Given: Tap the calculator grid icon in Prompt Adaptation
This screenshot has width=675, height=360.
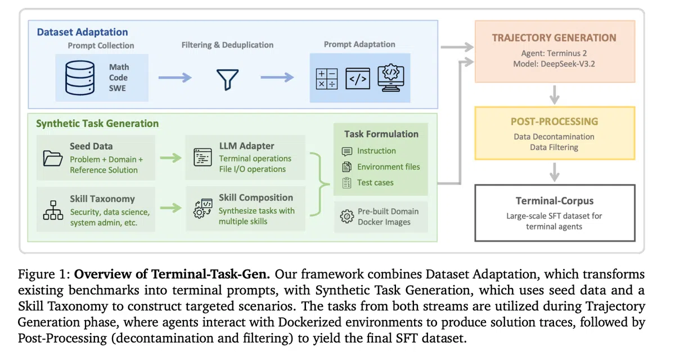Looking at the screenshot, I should [x=326, y=78].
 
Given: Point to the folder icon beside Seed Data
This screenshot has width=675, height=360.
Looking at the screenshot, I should [x=53, y=158].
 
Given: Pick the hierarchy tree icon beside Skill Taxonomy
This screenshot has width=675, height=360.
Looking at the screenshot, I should [x=53, y=210].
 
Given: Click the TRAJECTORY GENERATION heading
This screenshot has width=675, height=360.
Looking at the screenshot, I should [x=554, y=38].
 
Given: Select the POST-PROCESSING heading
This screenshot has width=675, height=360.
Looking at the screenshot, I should [x=554, y=121].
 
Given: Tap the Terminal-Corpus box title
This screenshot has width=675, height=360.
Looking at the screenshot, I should [x=554, y=201].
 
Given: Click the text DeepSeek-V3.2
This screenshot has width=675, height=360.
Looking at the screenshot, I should [x=569, y=64].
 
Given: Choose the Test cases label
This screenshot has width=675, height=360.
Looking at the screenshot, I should [x=375, y=183].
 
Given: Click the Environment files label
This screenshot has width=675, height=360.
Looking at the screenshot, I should [x=388, y=167].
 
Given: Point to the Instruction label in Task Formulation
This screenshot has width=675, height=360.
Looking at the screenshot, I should [x=376, y=151].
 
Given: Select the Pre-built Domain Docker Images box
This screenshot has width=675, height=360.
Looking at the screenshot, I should [x=381, y=217].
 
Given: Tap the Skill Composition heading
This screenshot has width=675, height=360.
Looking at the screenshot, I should [x=256, y=198].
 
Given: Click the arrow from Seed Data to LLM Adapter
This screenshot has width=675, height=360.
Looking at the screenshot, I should [x=171, y=158].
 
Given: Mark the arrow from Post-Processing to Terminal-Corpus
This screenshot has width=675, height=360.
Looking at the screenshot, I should [x=555, y=171].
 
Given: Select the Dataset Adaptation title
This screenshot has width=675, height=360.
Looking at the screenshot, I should [x=82, y=32].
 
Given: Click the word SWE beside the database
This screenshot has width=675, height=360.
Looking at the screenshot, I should [x=118, y=88].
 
